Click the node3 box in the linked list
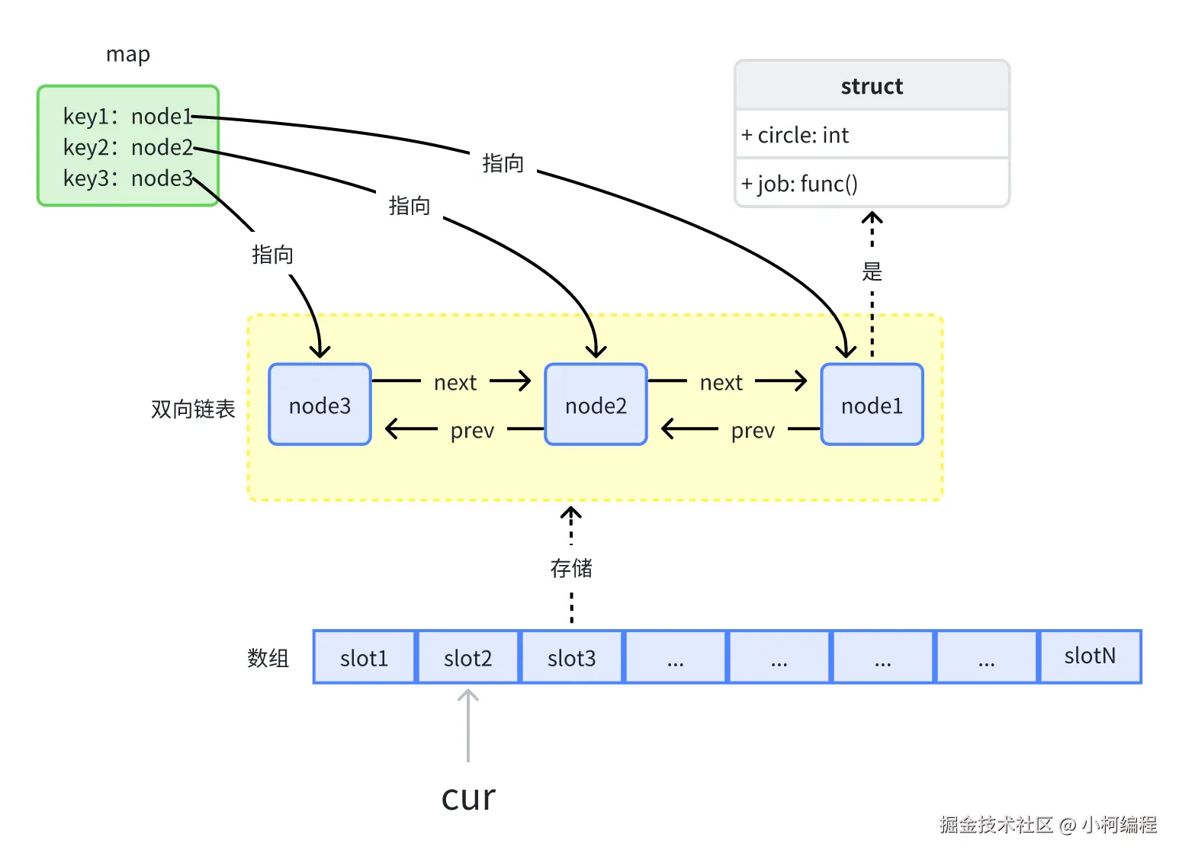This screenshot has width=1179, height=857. tap(320, 405)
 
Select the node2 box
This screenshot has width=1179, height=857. tap(596, 405)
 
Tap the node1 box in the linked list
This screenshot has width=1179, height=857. tap(872, 405)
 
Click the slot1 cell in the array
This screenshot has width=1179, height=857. tap(365, 657)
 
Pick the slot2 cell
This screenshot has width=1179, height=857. tap(467, 657)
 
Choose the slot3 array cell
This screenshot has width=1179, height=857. tap(571, 657)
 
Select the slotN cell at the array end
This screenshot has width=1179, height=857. tap(1090, 656)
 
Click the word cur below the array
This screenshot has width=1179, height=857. tap(468, 798)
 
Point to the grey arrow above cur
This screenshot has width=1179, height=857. tap(468, 724)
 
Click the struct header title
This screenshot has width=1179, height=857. tap(872, 86)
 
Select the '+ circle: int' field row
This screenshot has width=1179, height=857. tap(872, 135)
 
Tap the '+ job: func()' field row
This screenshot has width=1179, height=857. tap(872, 184)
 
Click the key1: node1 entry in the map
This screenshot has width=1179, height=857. tap(127, 117)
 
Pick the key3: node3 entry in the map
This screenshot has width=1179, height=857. tap(127, 178)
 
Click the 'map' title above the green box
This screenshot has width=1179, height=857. tap(128, 55)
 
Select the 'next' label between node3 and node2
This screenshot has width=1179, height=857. tap(455, 383)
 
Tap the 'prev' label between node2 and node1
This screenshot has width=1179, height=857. tap(753, 431)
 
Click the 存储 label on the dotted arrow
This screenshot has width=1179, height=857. tap(571, 568)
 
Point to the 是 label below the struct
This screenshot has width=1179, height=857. tap(872, 271)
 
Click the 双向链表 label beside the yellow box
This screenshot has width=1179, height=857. tap(193, 409)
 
